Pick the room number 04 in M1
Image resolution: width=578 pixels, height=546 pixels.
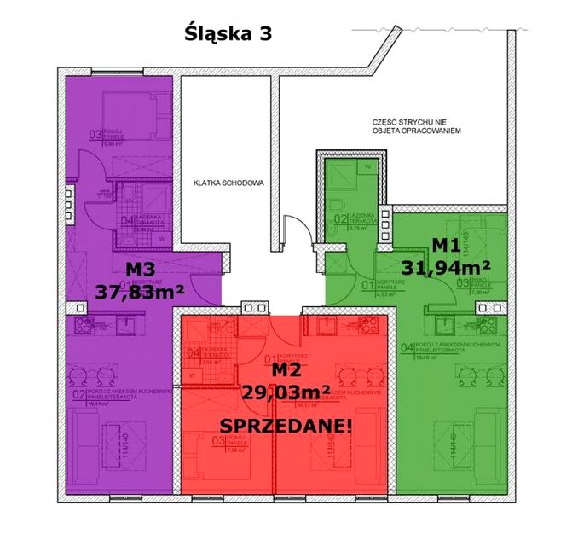(407, 347)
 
